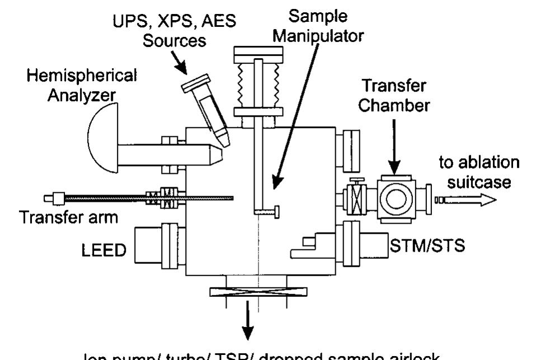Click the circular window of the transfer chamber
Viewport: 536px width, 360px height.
coord(397,197)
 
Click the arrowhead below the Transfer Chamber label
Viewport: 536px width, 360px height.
coord(394,167)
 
